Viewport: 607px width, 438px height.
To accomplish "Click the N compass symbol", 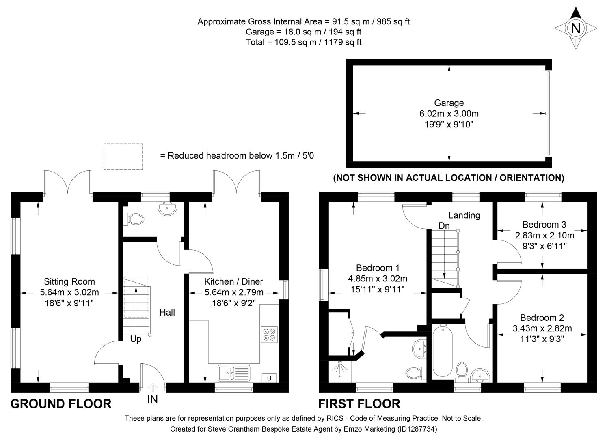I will pos(575,28).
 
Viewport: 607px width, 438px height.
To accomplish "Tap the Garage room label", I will pos(449,103).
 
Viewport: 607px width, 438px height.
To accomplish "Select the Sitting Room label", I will pos(69,281).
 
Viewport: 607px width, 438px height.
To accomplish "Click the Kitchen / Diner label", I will pos(233,281).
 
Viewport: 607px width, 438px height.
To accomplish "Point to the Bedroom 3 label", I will pos(544,224).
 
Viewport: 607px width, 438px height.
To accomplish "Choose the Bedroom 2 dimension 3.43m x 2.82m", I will pos(542,328).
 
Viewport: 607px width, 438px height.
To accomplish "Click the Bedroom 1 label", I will pos(378,268).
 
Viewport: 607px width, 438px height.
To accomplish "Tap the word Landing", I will pos(464,215).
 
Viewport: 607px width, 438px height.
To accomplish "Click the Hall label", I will pos(167,312).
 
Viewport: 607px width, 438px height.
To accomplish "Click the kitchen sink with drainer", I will pos(234,373).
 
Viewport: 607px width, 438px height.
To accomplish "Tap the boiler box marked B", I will pos(269,378).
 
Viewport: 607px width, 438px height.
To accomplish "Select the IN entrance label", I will pos(152,399).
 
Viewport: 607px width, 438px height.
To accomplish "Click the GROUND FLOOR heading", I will pos(61,404).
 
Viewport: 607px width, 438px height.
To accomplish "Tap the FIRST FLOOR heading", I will pos(359,404).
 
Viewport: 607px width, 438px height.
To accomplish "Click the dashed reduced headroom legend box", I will pos(123,156).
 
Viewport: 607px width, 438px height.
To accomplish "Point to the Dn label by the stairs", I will pos(444,225).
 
